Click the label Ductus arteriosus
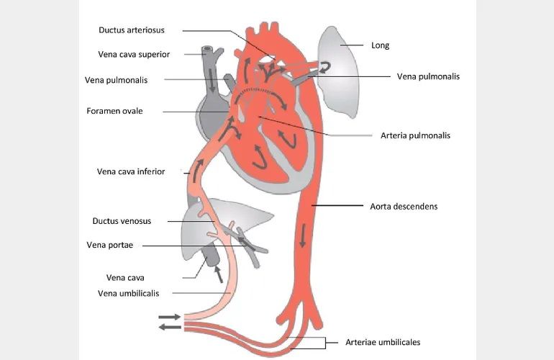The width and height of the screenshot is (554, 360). coord(132,30)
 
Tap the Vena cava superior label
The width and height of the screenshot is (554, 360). coord(134,55)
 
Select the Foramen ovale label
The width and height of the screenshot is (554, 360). coord(114,111)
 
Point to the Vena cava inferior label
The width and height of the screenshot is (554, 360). coord(131,171)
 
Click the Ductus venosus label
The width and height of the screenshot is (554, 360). coord(122,221)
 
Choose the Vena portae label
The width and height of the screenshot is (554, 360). coord(109,245)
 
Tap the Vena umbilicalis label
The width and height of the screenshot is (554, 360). coord(128,293)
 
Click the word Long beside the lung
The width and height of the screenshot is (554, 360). coord(380,45)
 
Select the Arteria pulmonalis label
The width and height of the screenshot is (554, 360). coord(415,135)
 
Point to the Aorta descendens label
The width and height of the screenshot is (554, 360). coord(404,207)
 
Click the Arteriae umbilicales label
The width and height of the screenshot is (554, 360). coord(383,342)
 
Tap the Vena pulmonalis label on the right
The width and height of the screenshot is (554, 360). coord(428,76)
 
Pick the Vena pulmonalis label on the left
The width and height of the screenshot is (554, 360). coord(116,80)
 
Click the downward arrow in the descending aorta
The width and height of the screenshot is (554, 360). coord(302,237)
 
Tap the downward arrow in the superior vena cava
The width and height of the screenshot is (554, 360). coord(212,80)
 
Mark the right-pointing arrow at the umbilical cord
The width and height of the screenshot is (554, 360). coord(170,317)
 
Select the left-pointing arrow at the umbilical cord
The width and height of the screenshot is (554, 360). coord(170,327)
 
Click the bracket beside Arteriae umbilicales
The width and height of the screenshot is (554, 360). coord(324,343)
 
